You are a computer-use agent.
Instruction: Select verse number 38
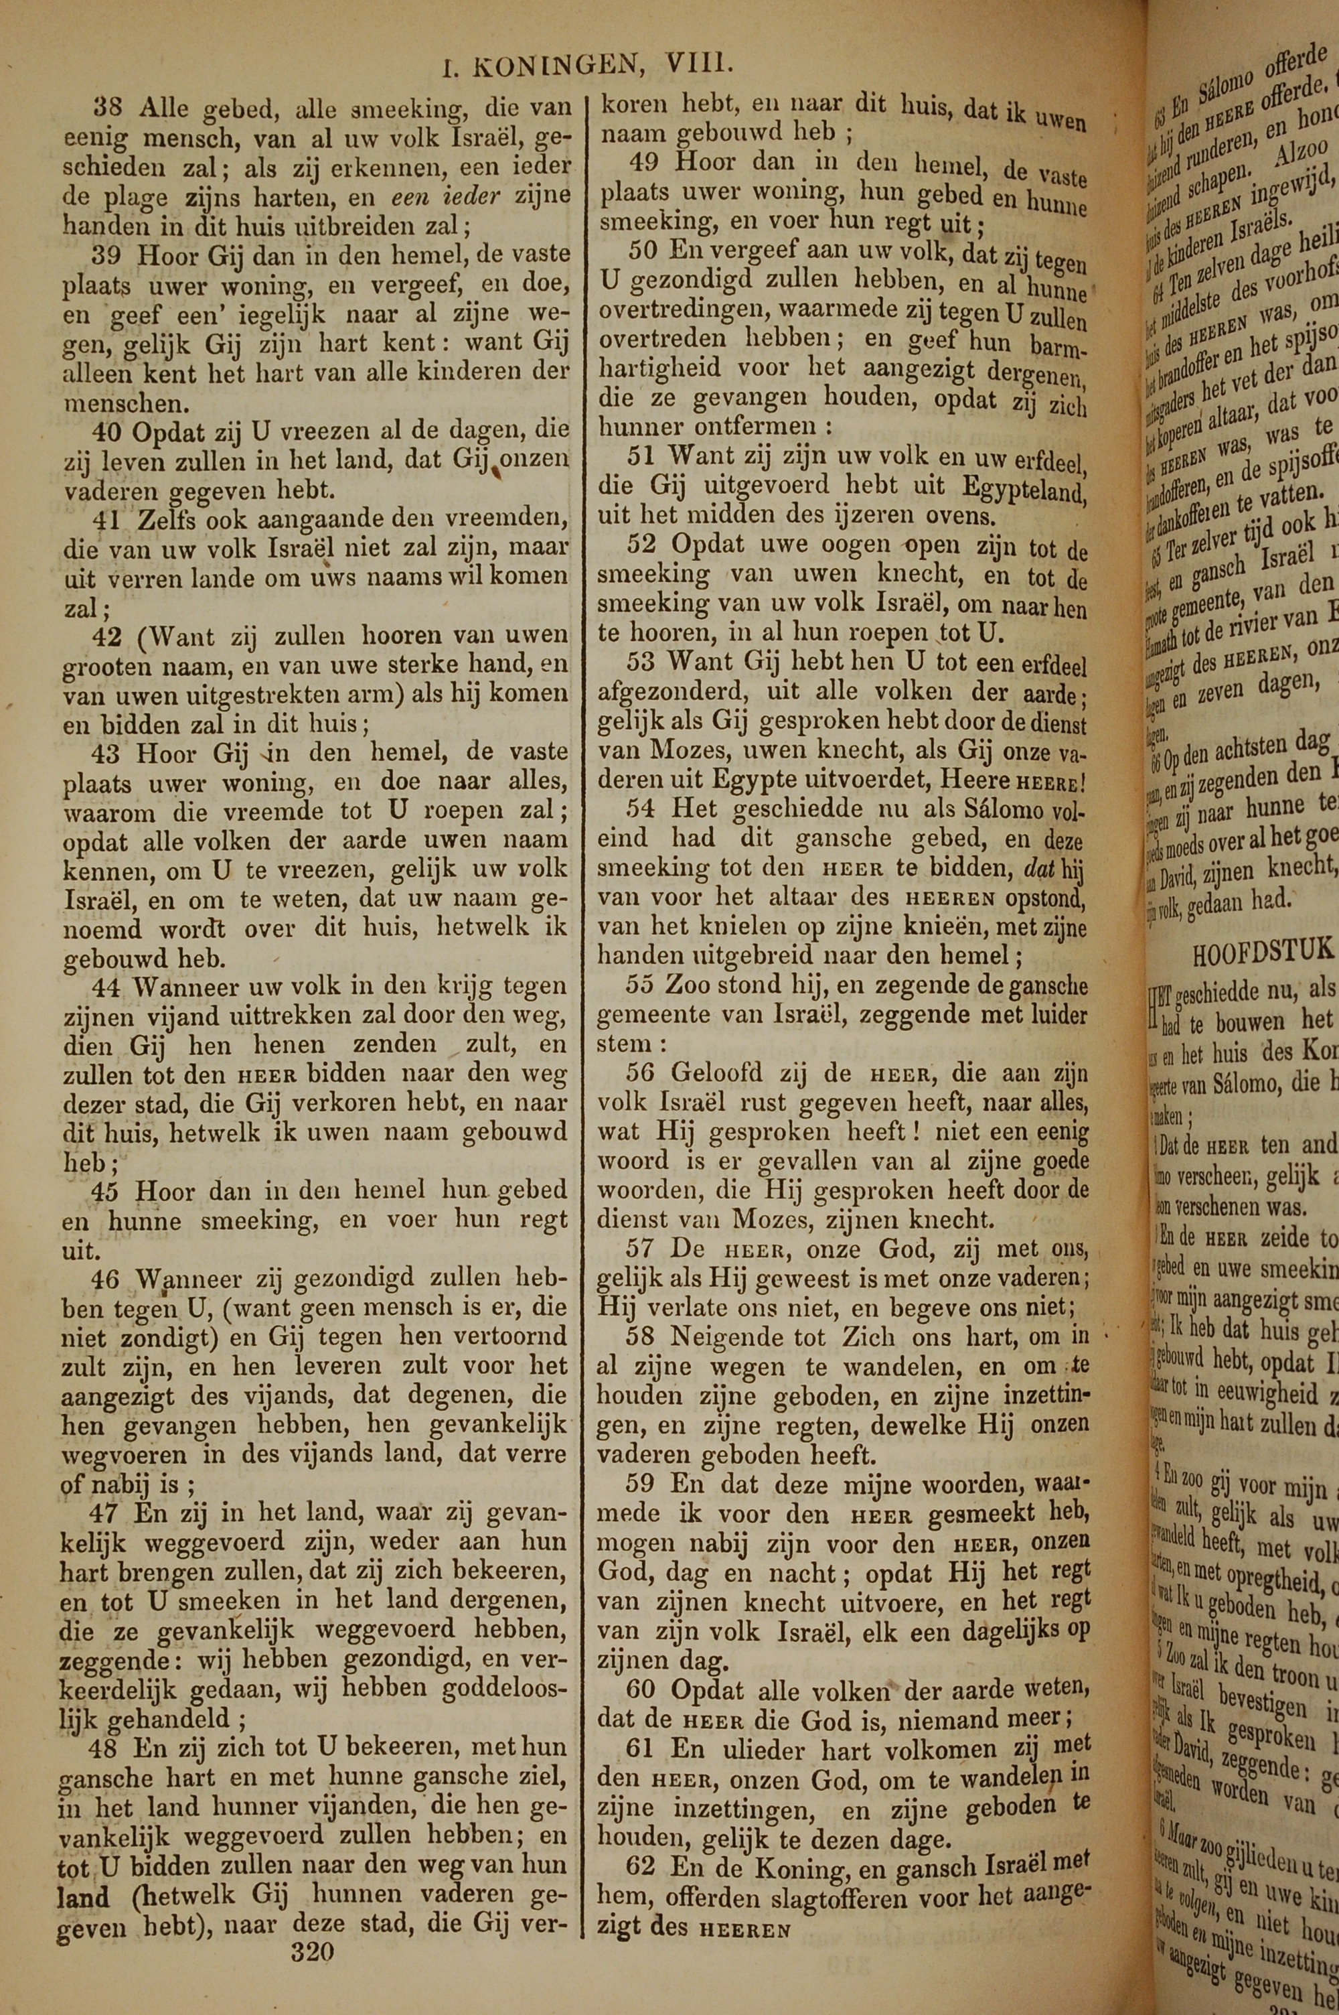[108, 109]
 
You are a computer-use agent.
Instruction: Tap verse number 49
[643, 161]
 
